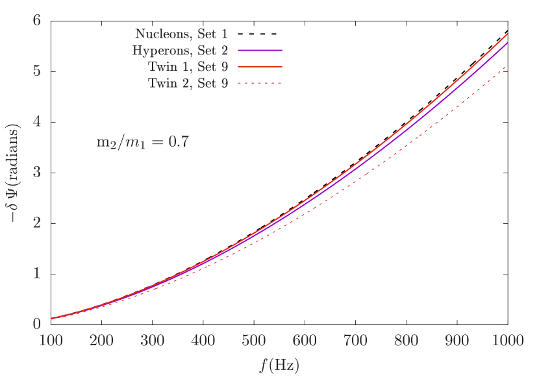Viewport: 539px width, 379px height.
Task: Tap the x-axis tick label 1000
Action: tap(507, 341)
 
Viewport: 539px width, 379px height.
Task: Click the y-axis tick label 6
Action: tap(37, 21)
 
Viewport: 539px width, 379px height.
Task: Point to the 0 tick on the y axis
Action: tap(37, 323)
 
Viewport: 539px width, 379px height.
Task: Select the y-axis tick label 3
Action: tap(37, 172)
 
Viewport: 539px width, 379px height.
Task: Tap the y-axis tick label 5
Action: tap(37, 71)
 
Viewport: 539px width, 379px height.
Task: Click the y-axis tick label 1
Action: tap(37, 273)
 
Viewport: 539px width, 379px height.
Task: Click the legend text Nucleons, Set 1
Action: tap(181, 34)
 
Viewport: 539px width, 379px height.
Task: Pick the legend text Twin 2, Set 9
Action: tap(188, 83)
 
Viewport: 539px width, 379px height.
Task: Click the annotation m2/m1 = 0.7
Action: tap(142, 142)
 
